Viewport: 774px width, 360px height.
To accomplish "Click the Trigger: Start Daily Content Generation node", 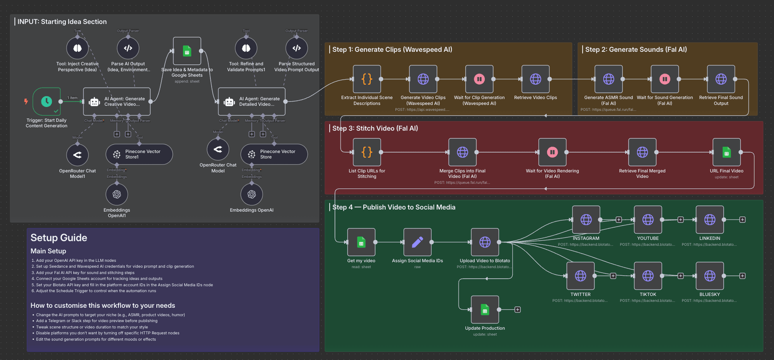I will tap(46, 102).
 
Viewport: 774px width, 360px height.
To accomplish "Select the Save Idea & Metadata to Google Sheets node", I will tap(187, 51).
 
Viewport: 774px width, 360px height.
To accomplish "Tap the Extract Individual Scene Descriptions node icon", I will tap(367, 79).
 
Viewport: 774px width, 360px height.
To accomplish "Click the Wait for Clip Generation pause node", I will tap(479, 79).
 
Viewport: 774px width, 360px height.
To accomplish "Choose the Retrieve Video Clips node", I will tap(535, 79).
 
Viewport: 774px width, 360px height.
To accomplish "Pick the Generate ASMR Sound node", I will tap(609, 79).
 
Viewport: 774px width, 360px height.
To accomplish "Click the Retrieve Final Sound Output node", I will tap(721, 79).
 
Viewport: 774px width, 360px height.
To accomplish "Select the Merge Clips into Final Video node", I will tap(462, 152).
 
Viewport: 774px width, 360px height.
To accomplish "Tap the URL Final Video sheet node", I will tap(726, 152).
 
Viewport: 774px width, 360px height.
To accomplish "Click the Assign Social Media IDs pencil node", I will tap(417, 242).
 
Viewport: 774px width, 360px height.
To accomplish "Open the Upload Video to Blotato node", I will tap(485, 242).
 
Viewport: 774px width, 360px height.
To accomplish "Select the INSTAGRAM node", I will tap(586, 220).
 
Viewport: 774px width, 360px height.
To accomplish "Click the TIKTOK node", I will tap(648, 276).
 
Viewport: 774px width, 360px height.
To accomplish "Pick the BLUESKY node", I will tap(710, 276).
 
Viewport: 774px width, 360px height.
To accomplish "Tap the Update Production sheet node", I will tap(485, 310).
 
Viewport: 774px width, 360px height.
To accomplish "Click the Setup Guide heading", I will tap(59, 238).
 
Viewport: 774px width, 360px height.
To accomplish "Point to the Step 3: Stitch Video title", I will tap(375, 128).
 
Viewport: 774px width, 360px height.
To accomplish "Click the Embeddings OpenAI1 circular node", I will tap(117, 195).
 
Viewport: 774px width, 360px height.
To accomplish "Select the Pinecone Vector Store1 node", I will tap(139, 154).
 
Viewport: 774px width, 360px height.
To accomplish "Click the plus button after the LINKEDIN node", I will tap(742, 220).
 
